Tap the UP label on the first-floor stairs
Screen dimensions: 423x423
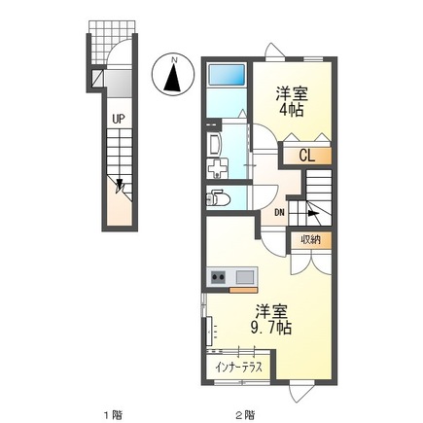click(x=117, y=120)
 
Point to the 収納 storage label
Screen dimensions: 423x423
click(x=309, y=239)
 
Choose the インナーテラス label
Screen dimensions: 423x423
click(x=239, y=370)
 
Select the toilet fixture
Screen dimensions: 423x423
click(x=219, y=199)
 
